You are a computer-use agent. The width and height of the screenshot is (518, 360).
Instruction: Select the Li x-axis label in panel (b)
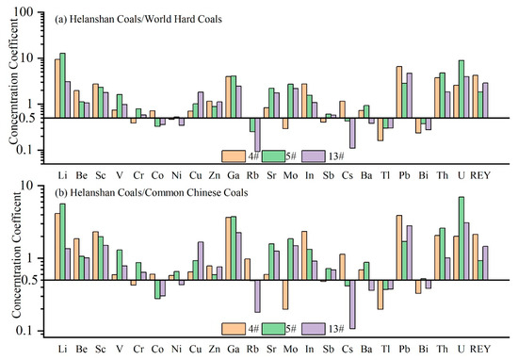[62, 350]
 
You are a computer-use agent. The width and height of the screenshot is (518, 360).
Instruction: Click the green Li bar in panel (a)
[63, 86]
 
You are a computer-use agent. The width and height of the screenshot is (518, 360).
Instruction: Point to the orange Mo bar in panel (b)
[284, 294]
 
